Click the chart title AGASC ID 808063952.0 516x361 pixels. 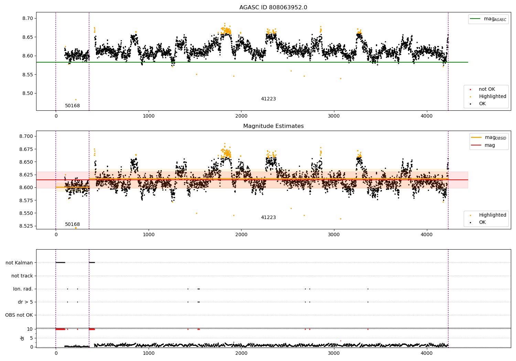click(273, 7)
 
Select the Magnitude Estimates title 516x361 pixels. click(273, 126)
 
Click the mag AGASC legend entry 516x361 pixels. click(488, 19)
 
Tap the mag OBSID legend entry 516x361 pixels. click(488, 138)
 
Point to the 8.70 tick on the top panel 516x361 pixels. click(28, 19)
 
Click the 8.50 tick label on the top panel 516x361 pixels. click(28, 94)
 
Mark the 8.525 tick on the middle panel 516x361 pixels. click(26, 226)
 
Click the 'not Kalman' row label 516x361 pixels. click(19, 263)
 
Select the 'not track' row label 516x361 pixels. click(22, 276)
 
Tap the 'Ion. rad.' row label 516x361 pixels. click(23, 289)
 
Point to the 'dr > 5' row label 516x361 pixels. click(25, 302)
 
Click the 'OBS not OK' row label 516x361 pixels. click(19, 315)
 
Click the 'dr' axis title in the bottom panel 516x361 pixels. click(22, 338)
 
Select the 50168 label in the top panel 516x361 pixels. click(72, 106)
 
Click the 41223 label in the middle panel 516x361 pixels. click(268, 217)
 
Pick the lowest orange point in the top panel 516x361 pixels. click(76, 99)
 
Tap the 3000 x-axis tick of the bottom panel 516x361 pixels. click(334, 353)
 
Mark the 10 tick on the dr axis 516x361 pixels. click(30, 329)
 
